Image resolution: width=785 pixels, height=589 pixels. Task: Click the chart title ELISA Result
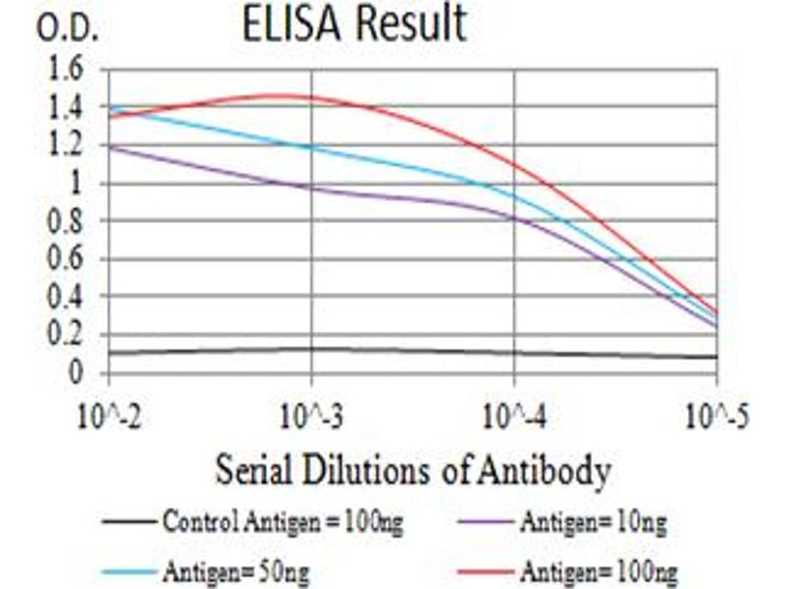click(x=354, y=26)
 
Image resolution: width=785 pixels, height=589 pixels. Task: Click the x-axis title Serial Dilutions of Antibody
click(x=412, y=471)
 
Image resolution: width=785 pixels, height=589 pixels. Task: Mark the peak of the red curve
click(x=280, y=95)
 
